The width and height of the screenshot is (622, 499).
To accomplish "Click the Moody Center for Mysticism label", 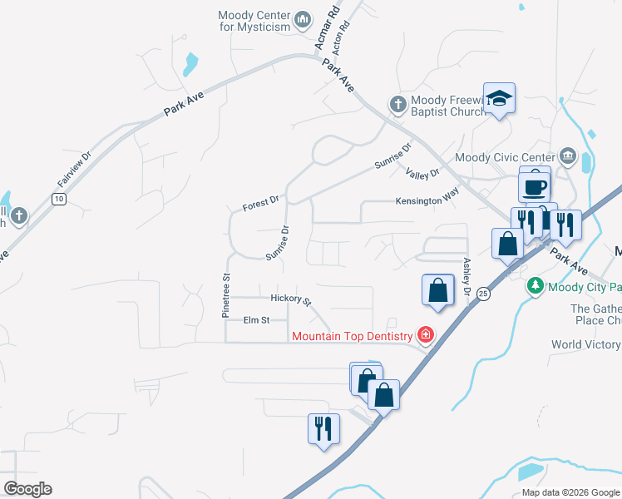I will click(254, 21).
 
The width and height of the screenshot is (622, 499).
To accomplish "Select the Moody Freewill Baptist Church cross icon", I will click(398, 105).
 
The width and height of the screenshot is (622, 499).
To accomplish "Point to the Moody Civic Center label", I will click(505, 157).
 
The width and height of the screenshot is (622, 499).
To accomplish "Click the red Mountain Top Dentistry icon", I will click(425, 335).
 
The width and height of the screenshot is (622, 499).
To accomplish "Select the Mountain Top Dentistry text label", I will click(352, 336).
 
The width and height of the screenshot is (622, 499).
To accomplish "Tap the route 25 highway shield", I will click(484, 294).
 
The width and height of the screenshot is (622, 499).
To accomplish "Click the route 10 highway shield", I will click(58, 199).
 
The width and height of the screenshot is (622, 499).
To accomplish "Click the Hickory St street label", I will click(290, 299).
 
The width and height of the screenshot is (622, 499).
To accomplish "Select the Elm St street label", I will click(256, 319).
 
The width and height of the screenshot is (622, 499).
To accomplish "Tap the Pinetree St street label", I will click(225, 296).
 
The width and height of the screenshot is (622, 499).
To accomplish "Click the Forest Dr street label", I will click(260, 203).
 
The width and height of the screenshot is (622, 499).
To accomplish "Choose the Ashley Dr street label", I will click(466, 277).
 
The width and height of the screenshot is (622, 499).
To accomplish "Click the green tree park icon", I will click(536, 287).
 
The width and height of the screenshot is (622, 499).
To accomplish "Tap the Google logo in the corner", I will click(27, 488).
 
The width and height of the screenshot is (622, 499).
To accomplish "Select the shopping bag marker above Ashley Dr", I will click(438, 290).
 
